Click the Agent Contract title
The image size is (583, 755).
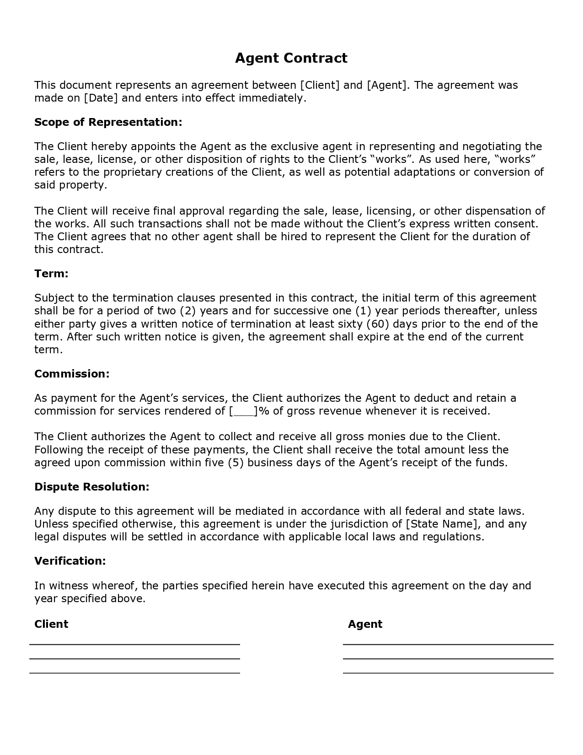[291, 58]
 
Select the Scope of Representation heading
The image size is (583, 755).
[108, 122]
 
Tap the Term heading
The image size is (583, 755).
[51, 274]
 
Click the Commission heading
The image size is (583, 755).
[72, 374]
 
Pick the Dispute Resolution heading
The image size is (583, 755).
[92, 487]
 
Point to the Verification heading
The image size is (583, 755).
[70, 561]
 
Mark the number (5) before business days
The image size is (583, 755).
[236, 463]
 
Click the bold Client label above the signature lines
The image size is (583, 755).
[51, 624]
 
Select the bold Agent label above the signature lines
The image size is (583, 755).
[365, 624]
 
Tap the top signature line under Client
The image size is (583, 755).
[134, 644]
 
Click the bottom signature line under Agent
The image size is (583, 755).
[448, 673]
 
